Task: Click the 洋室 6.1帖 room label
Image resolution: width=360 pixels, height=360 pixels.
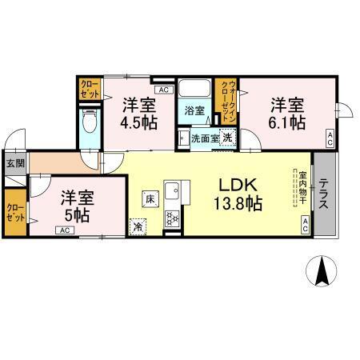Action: coord(286,113)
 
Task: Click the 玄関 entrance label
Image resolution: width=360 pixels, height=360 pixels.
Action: coord(15,163)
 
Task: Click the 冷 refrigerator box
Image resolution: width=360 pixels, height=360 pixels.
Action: coord(138,226)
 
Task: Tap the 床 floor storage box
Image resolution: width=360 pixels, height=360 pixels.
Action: coord(149,195)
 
